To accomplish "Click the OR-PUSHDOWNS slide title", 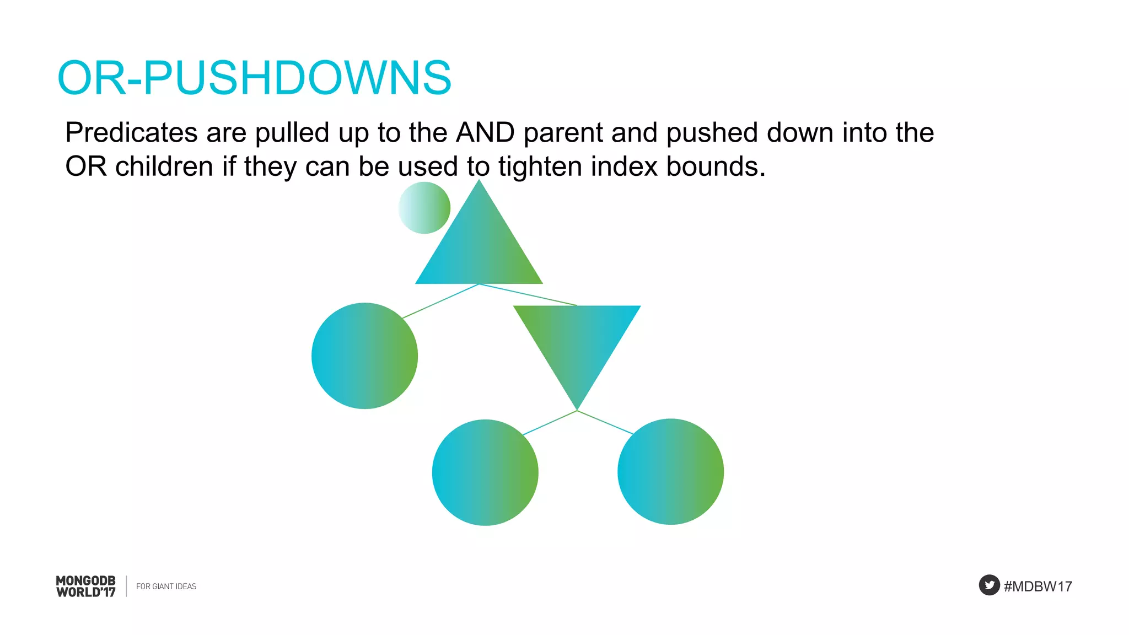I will point(254,78).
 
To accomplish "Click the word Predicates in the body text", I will point(131,133).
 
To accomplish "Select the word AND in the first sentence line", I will point(485,133).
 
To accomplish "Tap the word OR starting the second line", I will point(85,166).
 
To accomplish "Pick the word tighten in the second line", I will point(540,166).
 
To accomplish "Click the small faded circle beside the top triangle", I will point(424,208).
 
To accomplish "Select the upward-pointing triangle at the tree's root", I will point(479,248).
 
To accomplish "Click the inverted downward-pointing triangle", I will point(577,342).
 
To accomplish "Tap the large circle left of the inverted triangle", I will point(364,356).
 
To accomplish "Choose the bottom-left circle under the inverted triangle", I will point(485,472).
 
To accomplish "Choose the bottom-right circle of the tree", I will point(670,471).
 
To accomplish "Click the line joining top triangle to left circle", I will point(441,301).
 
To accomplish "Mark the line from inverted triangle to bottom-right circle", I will point(605,422).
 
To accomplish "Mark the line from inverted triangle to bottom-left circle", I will point(550,423).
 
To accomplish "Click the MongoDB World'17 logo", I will point(86,586).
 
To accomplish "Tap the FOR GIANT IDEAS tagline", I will point(166,586).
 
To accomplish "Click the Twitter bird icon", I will point(989,585).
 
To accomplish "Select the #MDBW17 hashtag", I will point(1037,586).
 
